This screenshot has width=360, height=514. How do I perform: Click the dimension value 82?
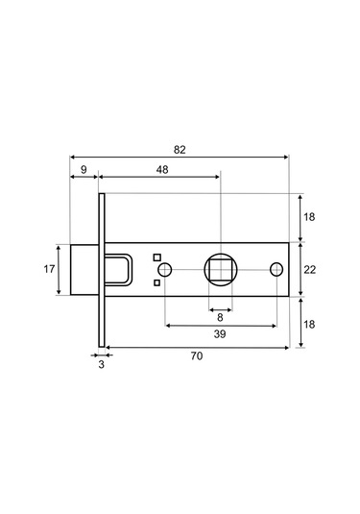tap(180, 150)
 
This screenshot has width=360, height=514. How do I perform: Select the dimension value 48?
tap(162, 169)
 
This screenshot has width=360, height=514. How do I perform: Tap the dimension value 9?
tap(84, 169)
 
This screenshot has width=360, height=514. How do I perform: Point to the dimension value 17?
tap(49, 269)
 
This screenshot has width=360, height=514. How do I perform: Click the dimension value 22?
tap(309, 270)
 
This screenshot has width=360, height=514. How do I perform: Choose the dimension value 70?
tap(197, 355)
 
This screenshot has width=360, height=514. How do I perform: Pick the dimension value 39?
tap(220, 334)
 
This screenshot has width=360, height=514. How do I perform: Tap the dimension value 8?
tap(220, 317)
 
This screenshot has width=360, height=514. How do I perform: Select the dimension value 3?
tap(102, 364)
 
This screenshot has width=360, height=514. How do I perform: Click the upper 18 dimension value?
tap(309, 217)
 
